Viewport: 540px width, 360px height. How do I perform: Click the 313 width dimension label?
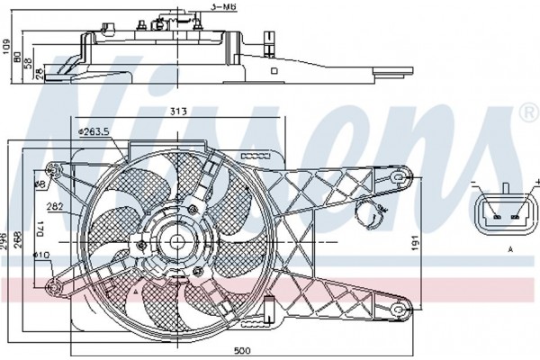(x=178, y=112)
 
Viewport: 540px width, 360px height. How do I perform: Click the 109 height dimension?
(x=6, y=47)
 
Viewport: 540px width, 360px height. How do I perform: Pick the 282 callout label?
(x=55, y=206)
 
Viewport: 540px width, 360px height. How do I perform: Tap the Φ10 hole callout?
(x=41, y=256)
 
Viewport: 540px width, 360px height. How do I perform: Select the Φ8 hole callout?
(x=40, y=184)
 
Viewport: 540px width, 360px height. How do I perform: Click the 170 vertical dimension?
(x=40, y=229)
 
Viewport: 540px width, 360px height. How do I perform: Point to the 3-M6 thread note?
(x=224, y=7)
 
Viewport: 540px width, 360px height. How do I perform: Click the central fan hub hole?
(x=177, y=242)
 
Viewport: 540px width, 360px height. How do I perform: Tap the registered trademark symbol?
(x=530, y=112)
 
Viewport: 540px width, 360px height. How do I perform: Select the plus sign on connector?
(x=537, y=181)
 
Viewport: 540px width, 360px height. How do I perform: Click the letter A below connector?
(x=510, y=249)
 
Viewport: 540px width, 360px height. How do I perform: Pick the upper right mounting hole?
(x=398, y=177)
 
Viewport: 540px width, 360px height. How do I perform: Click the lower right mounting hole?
(x=399, y=310)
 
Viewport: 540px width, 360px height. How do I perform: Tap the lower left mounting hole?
(x=54, y=287)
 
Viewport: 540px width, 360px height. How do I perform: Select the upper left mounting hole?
(x=53, y=170)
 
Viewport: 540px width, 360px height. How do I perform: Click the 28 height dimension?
(x=40, y=74)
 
